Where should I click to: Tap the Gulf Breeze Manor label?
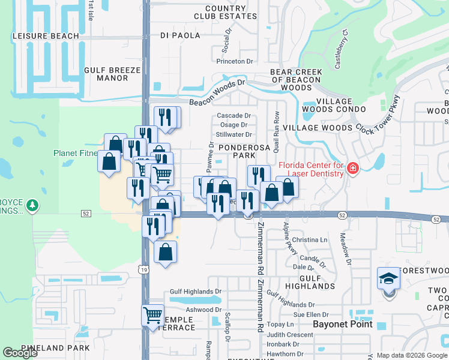112,74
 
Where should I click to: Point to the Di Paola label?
180,35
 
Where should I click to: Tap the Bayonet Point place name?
343,324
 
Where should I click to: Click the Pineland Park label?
55,348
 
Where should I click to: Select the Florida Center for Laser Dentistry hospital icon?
352,169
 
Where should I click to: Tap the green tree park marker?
32,206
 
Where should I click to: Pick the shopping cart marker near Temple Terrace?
152,314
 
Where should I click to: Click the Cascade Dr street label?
234,115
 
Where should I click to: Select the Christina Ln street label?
310,239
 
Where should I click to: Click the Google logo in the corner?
20,353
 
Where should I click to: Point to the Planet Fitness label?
76,153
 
